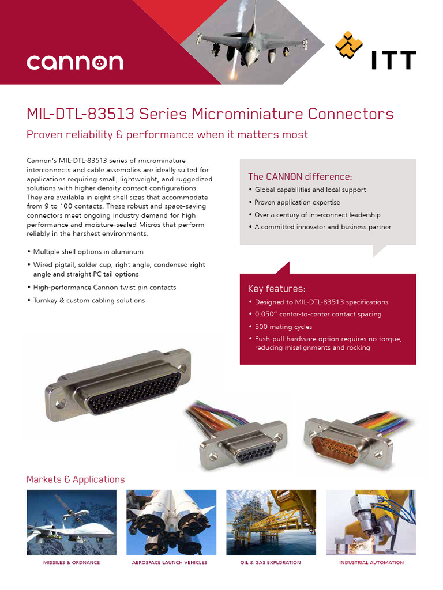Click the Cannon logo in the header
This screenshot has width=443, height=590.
click(74, 62)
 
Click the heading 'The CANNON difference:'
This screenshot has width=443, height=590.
click(299, 176)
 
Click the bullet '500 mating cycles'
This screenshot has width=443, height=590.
click(283, 327)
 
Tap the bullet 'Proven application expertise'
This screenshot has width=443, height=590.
click(297, 202)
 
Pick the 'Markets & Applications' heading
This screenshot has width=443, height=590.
click(76, 479)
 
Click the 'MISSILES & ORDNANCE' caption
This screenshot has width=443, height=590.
click(72, 562)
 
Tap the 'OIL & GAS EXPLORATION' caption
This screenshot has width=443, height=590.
click(271, 562)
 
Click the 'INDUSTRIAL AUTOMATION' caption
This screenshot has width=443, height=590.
click(371, 562)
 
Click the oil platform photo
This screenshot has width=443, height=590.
click(271, 522)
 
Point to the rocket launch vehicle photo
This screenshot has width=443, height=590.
click(171, 522)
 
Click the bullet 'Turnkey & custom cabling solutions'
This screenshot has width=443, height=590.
click(89, 300)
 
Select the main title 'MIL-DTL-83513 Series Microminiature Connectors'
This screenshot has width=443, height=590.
click(210, 114)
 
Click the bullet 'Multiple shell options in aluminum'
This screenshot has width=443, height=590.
click(88, 252)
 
